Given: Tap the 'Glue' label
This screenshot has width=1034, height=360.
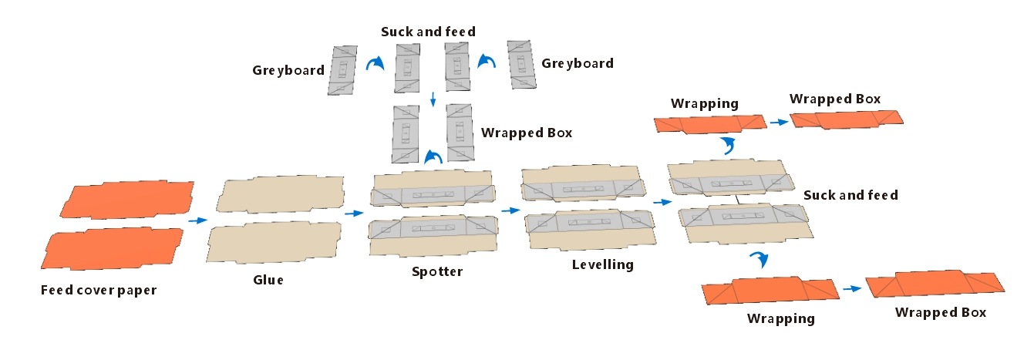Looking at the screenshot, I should (268, 280).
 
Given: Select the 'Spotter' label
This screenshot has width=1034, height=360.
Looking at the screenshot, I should (437, 271).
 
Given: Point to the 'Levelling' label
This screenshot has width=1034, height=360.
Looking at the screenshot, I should (603, 265).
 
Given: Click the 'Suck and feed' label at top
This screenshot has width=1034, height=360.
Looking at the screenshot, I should (428, 32).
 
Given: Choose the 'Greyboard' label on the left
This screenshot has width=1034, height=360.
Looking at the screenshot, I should (288, 70).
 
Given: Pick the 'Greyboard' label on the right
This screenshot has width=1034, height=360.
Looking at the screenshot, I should (578, 63).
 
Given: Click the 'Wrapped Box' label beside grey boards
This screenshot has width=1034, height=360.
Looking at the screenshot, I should (527, 133).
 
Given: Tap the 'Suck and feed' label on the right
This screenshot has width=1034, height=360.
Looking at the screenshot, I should (850, 195).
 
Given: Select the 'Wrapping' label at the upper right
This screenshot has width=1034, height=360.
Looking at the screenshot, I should (705, 103).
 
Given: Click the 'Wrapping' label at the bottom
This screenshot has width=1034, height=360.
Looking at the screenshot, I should (781, 318).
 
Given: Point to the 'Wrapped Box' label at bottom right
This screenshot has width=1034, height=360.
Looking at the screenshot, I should (941, 312).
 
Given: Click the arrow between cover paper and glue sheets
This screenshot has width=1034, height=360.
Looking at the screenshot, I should (197, 221).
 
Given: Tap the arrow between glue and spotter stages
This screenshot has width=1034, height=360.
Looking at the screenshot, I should (354, 214).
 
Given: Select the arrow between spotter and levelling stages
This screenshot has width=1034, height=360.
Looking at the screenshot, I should (510, 210).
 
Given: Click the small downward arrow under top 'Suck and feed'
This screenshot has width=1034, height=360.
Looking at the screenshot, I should (433, 99).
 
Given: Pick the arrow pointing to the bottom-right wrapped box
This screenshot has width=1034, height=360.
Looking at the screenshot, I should (851, 289).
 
